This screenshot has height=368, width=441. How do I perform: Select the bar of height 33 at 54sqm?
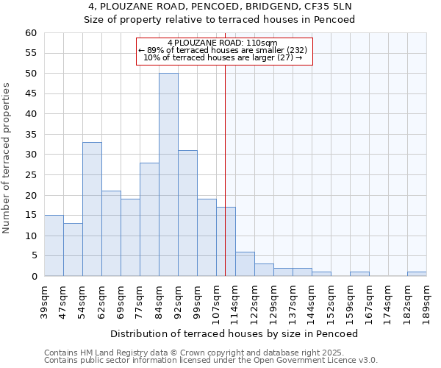tap(92, 209)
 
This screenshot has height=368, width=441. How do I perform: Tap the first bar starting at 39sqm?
tap(54, 246)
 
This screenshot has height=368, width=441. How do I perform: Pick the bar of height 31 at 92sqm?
tap(187, 213)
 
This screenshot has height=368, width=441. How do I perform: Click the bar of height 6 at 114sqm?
tap(245, 264)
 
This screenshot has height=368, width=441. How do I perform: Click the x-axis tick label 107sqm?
tap(217, 300)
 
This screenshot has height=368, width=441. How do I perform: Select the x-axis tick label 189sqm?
tap(427, 300)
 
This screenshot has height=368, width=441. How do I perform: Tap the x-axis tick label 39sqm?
tap(45, 300)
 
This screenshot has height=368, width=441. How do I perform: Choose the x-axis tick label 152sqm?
tap(331, 300)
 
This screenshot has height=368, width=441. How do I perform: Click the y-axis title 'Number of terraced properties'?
tap(7, 158)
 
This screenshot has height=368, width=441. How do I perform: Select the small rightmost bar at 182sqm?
tap(417, 275)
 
